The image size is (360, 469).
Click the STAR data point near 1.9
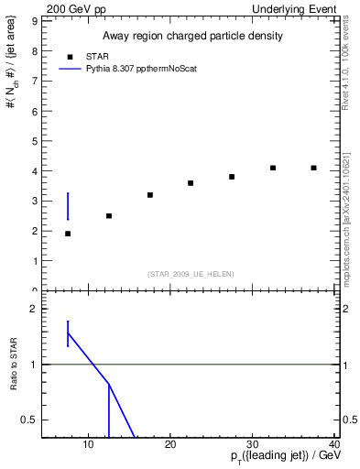point(68,234)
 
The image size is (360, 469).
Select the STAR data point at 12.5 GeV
point(109,216)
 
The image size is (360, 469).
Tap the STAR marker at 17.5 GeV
point(150,195)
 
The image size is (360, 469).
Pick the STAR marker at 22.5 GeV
point(191,183)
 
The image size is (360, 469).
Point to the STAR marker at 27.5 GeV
point(232,177)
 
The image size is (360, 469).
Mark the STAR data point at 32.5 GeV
point(273,168)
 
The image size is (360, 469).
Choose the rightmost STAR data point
point(314,168)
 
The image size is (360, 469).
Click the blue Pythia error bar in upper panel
point(68,206)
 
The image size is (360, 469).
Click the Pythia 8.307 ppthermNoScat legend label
point(141,69)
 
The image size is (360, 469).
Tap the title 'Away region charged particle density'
point(191,36)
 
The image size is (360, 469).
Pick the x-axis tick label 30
point(253,445)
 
